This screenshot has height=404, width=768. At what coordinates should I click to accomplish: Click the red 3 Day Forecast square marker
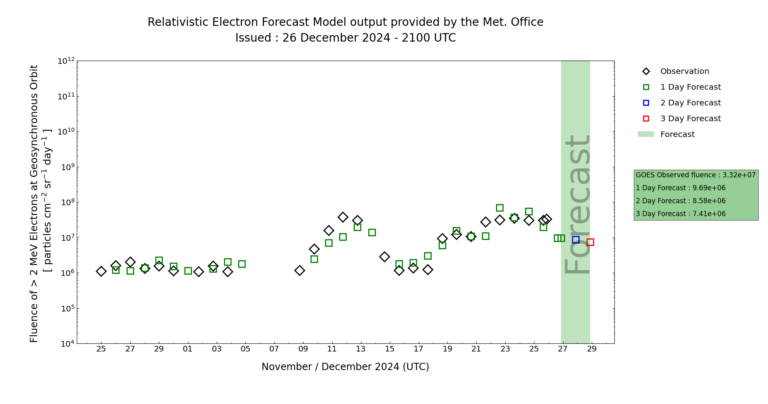click(x=590, y=242)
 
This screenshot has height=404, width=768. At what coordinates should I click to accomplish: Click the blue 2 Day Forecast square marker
click(x=576, y=240)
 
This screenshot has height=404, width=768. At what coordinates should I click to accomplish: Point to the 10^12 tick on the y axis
click(x=66, y=61)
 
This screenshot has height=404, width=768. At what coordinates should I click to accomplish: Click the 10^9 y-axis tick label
click(x=66, y=167)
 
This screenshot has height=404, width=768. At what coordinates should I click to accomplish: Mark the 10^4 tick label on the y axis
click(x=66, y=344)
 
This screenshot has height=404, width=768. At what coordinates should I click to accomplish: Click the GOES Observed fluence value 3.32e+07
click(x=739, y=175)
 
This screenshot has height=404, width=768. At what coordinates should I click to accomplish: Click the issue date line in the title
click(x=345, y=38)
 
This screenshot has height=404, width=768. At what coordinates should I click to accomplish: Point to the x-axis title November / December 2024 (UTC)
click(x=345, y=367)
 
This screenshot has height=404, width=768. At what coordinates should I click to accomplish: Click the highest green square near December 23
click(x=500, y=208)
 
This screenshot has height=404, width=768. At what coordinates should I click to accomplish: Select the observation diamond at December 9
click(x=300, y=270)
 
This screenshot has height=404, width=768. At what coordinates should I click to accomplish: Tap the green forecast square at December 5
click(x=242, y=264)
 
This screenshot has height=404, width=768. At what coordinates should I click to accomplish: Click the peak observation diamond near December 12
click(x=343, y=217)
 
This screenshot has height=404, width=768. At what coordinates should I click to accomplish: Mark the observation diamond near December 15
click(x=384, y=257)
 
